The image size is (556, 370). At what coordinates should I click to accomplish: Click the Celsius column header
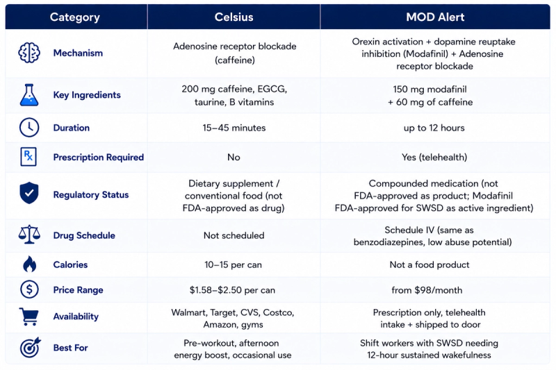tap(234, 17)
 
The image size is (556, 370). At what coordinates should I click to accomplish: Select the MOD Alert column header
tap(435, 17)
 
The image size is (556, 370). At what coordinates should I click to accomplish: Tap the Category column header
tap(75, 17)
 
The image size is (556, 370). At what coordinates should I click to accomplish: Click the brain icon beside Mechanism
tap(29, 53)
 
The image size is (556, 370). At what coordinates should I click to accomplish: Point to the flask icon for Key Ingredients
tap(29, 95)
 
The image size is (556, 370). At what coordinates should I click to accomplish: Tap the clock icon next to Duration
tap(29, 128)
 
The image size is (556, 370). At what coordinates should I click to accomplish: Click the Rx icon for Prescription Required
tap(28, 156)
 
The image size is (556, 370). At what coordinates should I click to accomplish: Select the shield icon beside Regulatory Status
tap(29, 193)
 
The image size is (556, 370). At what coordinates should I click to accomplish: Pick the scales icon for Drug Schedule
tap(29, 235)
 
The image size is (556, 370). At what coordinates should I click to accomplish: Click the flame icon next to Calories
tap(29, 264)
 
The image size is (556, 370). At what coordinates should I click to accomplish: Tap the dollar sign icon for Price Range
tap(29, 289)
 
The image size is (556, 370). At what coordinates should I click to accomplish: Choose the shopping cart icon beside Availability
tap(28, 316)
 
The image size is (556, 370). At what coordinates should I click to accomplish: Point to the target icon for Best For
tap(30, 347)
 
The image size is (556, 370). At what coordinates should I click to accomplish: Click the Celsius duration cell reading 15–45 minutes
tap(234, 128)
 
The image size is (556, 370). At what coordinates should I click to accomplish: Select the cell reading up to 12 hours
tap(434, 128)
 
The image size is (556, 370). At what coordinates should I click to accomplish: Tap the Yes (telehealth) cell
tap(434, 157)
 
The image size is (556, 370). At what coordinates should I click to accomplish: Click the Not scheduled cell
tap(234, 235)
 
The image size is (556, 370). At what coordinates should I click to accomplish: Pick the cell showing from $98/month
tap(427, 290)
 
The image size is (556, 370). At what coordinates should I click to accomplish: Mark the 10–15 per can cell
tap(234, 265)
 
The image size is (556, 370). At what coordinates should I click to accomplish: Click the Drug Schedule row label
tap(84, 235)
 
